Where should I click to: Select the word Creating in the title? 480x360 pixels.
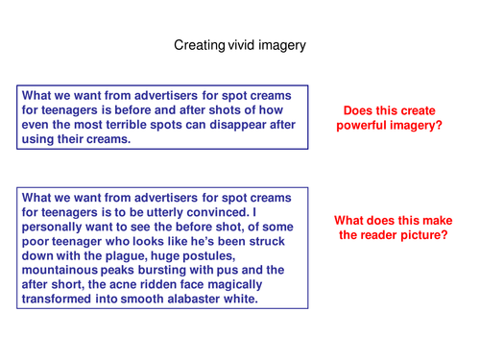pyautogui.click(x=199, y=44)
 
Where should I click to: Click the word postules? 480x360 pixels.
pyautogui.click(x=218, y=254)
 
